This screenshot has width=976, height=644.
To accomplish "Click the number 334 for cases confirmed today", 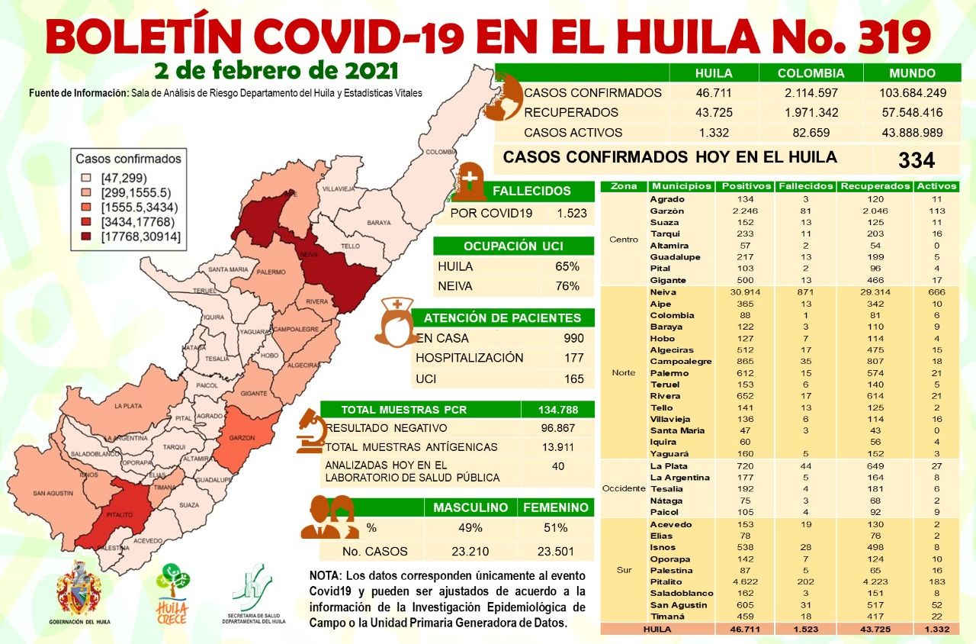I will [916, 159].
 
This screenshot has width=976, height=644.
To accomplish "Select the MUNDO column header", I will [912, 74].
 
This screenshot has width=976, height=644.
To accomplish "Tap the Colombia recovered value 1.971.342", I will [811, 113].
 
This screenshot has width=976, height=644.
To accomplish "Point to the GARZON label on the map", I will [240, 439].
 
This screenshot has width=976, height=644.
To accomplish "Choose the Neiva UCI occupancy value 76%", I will [567, 286].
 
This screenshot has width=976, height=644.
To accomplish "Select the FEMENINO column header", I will [555, 507].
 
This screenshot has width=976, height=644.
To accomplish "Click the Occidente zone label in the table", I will [624, 488].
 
